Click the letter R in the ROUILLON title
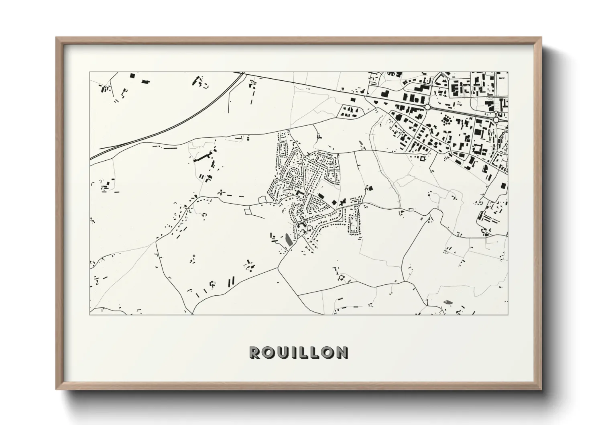(255, 352)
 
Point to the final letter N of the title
(342, 352)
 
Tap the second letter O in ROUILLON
(329, 352)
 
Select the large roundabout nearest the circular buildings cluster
(428, 107)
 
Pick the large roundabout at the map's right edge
(496, 120)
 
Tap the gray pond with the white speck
(447, 301)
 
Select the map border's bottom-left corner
(90, 314)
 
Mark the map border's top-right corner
(508, 72)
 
